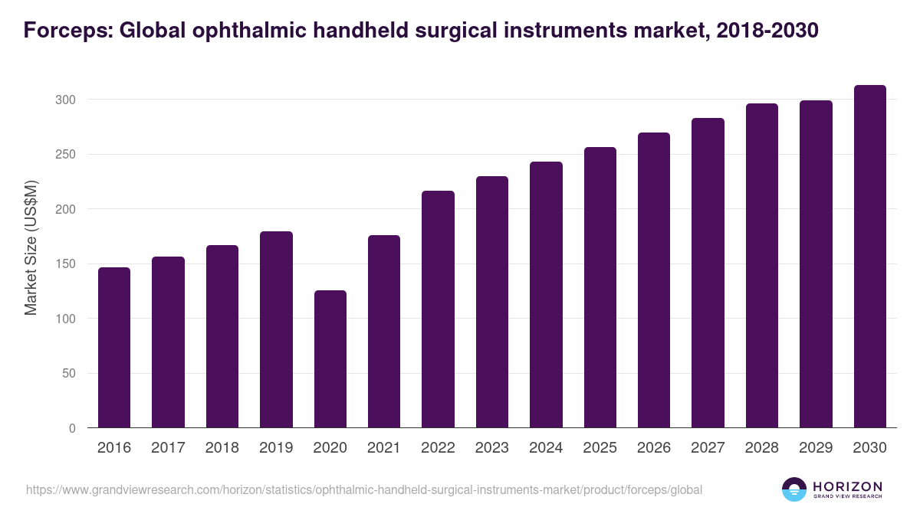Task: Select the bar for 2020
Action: pos(330,359)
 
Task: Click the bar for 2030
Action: pos(869,257)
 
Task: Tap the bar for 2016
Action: pos(114,348)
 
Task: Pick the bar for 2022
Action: pos(438,309)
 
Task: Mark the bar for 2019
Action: pos(276,329)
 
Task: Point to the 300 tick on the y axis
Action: pos(65,100)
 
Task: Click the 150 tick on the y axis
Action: pos(65,264)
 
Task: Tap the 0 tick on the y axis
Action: pos(72,428)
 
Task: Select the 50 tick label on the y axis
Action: pos(68,374)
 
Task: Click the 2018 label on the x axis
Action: pos(222,448)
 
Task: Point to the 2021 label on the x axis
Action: pos(384,448)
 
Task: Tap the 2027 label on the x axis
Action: pos(708,448)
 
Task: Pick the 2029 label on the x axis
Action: pos(816,448)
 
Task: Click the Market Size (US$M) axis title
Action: pos(31,247)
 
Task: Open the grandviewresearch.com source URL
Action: pos(364,489)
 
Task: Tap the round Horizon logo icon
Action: pos(794,489)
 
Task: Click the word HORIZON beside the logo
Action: pos(847,486)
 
